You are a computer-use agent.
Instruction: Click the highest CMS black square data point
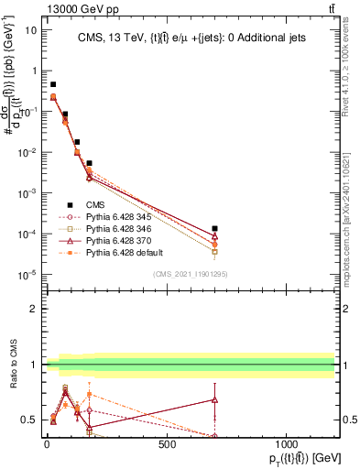point(53,84)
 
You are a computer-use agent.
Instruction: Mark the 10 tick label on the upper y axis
point(30,29)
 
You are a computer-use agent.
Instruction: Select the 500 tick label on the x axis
point(167,444)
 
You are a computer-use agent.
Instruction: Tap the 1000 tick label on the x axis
point(287,444)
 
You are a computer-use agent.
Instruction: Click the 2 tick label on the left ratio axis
point(33,309)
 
